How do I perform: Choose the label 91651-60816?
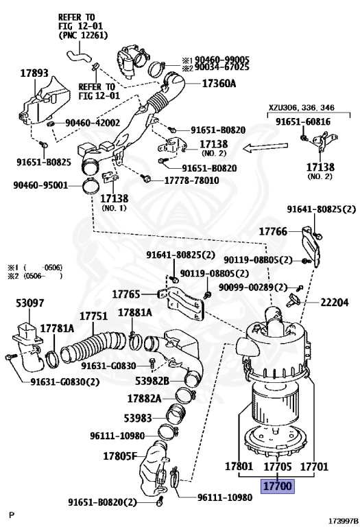click(303, 121)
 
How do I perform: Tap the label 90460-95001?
click(40, 185)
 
